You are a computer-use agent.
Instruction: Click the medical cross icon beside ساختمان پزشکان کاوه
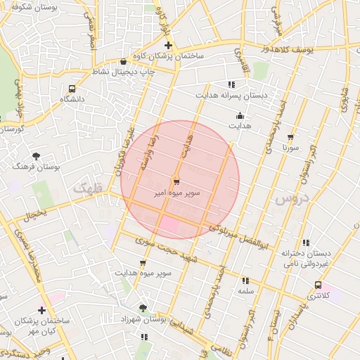tap(168, 46)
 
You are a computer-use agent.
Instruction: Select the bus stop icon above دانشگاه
tap(72, 89)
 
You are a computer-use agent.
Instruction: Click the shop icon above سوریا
tap(290, 136)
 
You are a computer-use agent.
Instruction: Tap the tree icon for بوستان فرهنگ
tap(37, 156)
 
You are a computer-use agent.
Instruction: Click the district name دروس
tap(291, 199)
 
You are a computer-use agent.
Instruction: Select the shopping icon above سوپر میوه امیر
tap(175, 180)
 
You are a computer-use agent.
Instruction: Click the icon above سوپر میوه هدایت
tap(143, 262)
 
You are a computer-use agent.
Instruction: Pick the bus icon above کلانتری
tap(319, 285)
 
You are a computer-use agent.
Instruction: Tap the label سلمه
tap(245, 290)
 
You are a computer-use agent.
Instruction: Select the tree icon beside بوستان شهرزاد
tap(143, 309)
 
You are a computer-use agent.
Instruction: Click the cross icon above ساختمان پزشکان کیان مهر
tap(41, 310)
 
